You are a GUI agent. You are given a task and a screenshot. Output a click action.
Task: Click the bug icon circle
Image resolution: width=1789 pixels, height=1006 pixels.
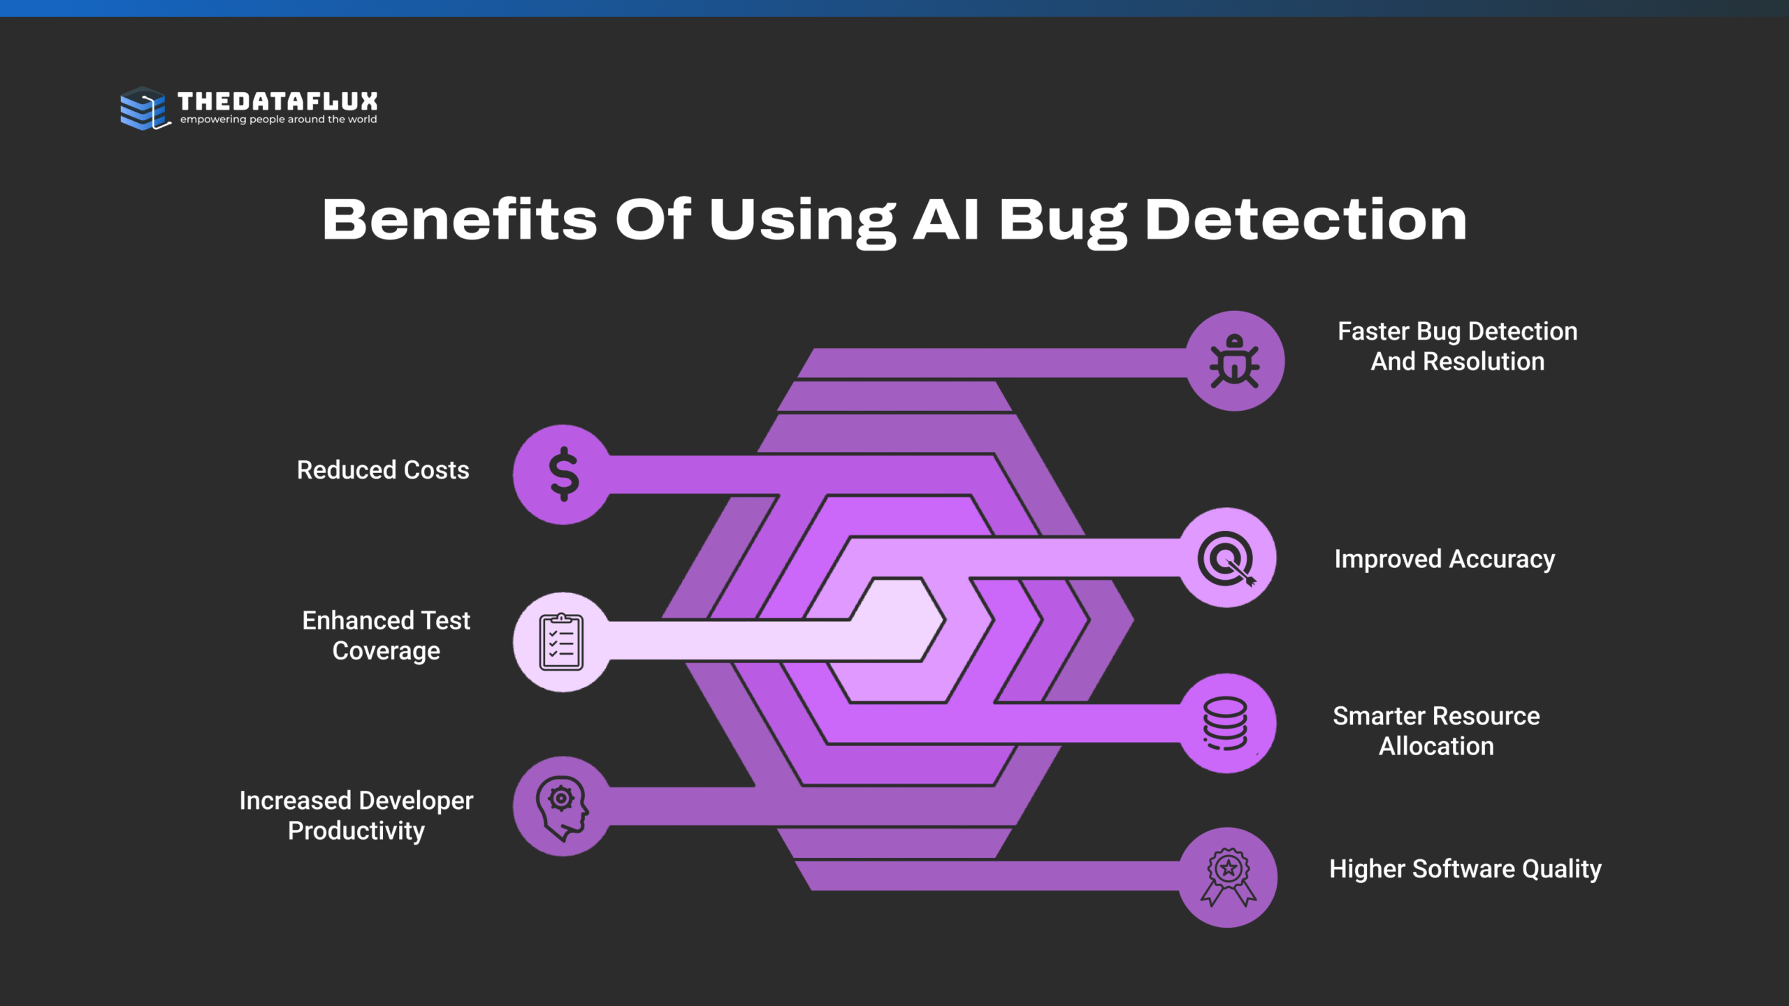[1235, 361]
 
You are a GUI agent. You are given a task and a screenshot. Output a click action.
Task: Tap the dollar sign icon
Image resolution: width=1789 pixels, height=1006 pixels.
[563, 474]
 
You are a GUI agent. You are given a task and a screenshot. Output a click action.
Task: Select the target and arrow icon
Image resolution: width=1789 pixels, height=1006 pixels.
[1227, 558]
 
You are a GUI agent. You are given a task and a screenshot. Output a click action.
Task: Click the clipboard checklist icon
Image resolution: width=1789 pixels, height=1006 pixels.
[561, 642]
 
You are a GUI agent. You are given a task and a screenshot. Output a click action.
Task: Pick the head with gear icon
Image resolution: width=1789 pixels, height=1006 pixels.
[562, 806]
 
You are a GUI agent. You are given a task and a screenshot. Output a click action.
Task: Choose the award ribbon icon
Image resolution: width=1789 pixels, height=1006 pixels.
[1228, 877]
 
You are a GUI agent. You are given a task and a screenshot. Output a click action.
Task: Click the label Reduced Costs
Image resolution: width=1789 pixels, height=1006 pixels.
[383, 470]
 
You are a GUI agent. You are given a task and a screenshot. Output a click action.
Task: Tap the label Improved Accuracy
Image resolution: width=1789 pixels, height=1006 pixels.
[1444, 559]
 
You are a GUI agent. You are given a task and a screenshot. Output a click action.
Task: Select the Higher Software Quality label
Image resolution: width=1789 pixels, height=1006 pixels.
[1465, 868]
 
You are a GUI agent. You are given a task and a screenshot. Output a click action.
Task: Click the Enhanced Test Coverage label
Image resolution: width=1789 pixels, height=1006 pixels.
[386, 635]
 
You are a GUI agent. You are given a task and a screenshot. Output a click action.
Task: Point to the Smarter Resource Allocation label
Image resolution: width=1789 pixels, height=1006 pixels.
[1436, 731]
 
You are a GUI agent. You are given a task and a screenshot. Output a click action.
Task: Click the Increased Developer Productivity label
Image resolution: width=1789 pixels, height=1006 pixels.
[356, 815]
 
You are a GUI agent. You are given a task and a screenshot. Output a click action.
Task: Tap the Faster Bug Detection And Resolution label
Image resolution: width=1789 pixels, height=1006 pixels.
[1457, 347]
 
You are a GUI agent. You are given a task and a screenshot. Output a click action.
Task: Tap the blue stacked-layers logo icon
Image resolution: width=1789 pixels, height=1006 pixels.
[144, 108]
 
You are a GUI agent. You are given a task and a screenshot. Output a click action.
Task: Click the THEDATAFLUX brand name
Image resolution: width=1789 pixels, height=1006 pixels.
[277, 101]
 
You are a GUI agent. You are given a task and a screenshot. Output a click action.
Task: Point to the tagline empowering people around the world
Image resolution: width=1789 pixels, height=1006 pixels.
[278, 119]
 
